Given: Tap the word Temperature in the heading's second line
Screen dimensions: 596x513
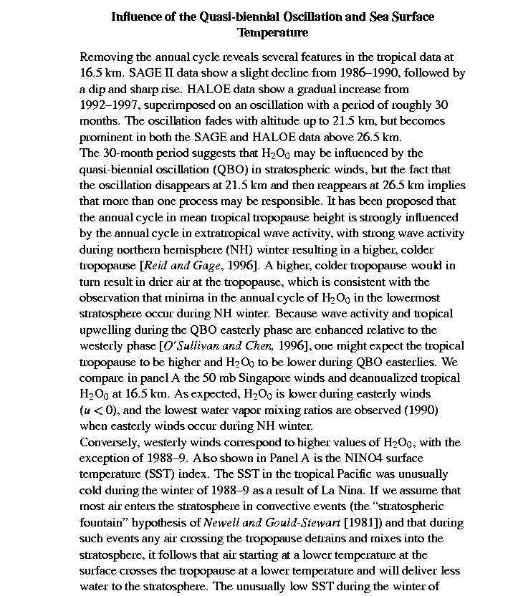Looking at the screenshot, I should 273,33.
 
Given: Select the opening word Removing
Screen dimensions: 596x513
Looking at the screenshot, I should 105,57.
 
